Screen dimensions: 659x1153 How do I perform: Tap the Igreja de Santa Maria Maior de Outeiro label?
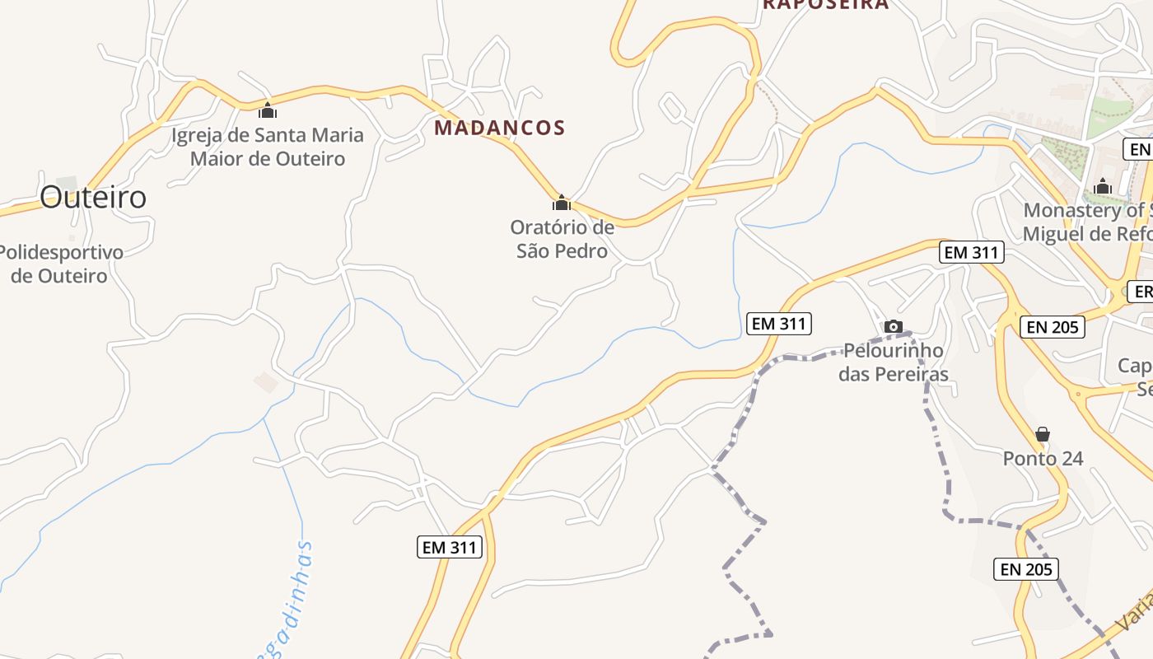[268, 147]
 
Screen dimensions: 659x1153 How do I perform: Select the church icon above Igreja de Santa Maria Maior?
[268, 110]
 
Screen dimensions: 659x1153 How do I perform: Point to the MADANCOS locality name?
[500, 128]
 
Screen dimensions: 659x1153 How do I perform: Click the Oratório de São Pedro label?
[562, 239]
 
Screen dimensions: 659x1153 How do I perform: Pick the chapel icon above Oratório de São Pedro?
[562, 203]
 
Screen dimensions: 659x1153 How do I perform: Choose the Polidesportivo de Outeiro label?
[59, 264]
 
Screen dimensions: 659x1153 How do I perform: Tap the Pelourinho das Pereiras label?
[894, 362]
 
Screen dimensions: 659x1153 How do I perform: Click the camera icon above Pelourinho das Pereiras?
[894, 327]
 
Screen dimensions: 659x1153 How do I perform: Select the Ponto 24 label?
[1043, 458]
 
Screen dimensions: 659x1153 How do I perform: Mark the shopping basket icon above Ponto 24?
[1043, 434]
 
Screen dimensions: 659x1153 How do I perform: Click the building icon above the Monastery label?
[1103, 187]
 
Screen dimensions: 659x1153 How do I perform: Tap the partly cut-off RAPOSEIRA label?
[825, 4]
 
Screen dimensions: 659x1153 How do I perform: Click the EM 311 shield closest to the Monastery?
[972, 252]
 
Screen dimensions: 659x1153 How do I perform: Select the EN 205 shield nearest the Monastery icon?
[1053, 327]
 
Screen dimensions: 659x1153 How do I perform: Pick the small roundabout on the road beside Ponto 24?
[1078, 395]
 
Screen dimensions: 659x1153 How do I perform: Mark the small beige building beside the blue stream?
[266, 381]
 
